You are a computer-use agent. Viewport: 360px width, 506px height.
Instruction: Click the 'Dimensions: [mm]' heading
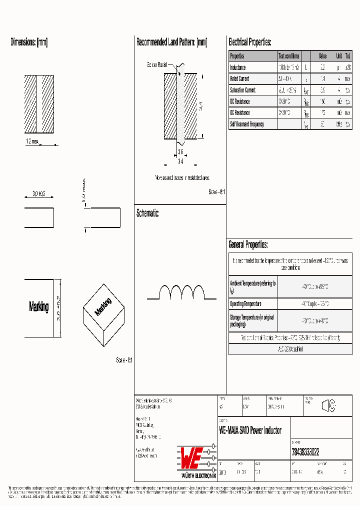click(x=29, y=42)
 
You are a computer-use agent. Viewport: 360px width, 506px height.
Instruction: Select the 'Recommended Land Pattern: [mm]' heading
click(x=171, y=42)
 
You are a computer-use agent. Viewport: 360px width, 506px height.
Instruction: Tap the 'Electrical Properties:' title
click(x=249, y=42)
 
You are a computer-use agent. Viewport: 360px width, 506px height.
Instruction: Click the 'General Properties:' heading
click(x=248, y=244)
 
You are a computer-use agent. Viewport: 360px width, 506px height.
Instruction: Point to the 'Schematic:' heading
click(x=148, y=213)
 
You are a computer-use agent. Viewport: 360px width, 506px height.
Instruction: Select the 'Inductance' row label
click(x=238, y=67)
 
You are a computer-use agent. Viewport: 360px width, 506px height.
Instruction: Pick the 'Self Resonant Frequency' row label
click(x=247, y=124)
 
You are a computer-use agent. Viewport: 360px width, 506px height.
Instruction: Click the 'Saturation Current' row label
click(x=242, y=90)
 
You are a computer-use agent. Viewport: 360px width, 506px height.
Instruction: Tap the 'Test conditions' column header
click(x=289, y=56)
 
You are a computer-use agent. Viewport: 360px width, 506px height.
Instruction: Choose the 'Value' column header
click(x=322, y=56)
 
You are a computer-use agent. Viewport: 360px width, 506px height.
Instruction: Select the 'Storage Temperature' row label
click(x=252, y=321)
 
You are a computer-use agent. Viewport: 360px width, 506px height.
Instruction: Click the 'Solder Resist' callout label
click(x=158, y=65)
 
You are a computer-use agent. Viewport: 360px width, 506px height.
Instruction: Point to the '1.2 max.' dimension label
click(x=32, y=142)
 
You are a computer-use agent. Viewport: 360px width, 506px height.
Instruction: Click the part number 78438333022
click(x=305, y=452)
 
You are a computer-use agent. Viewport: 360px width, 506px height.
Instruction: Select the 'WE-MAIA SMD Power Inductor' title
click(x=250, y=430)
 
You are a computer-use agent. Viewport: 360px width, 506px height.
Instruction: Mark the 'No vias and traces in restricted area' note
click(x=182, y=177)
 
